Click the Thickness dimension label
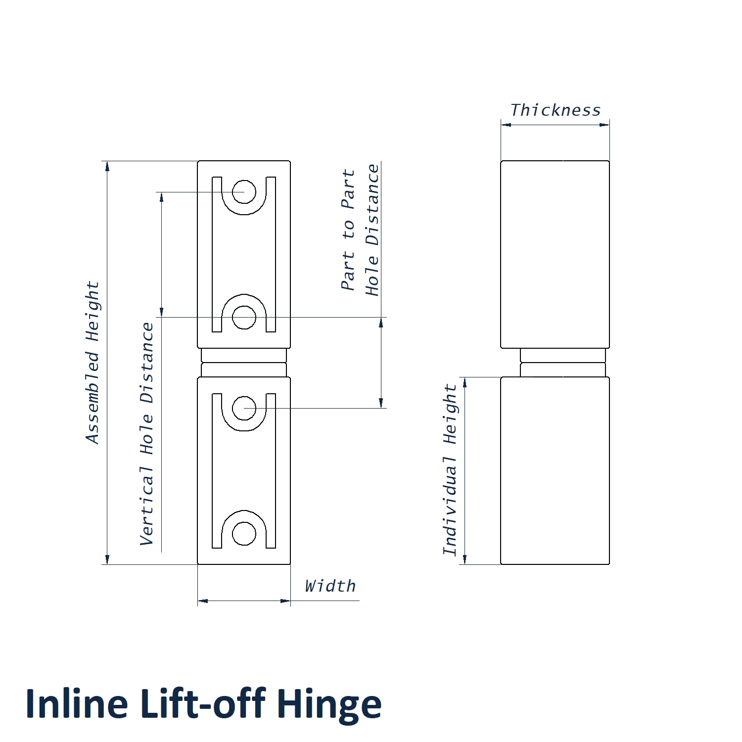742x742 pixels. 555,110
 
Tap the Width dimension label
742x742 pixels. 330,586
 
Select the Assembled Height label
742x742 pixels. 93,363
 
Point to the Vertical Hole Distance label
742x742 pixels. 147,434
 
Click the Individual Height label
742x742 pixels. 450,470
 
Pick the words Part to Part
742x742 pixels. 348,230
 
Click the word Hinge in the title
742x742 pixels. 328,704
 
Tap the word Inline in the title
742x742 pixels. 77,704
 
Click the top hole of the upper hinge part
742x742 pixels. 244,192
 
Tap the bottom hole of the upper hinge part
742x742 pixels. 244,317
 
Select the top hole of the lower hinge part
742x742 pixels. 244,408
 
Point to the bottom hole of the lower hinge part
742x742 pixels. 244,533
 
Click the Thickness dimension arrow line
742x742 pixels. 555,125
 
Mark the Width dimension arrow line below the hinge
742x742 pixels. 244,601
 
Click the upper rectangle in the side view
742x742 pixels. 555,254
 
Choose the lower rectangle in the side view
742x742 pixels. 555,470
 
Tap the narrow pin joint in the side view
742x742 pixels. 563,363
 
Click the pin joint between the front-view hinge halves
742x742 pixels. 244,363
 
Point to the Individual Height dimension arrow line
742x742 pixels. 464,470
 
